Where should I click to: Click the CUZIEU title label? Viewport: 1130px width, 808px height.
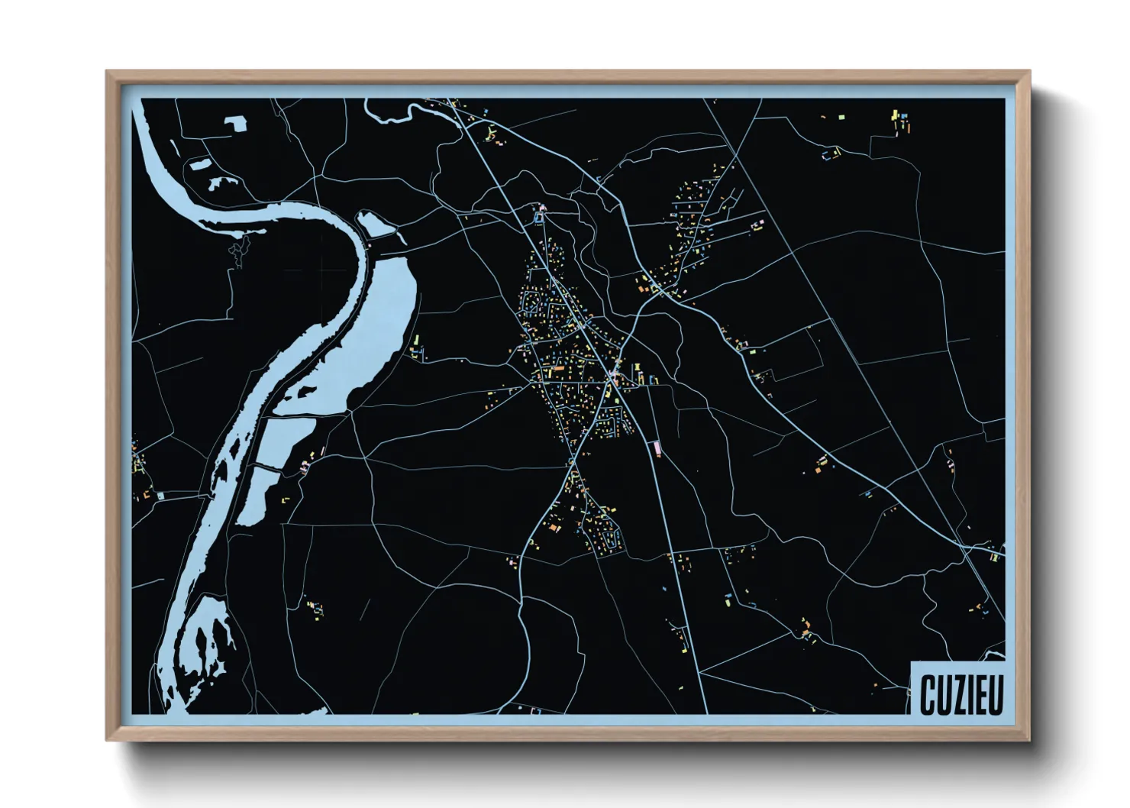point(960,693)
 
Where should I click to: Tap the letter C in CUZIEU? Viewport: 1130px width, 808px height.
point(927,694)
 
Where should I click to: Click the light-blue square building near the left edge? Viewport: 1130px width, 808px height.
point(160,496)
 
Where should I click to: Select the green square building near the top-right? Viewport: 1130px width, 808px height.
point(842,117)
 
